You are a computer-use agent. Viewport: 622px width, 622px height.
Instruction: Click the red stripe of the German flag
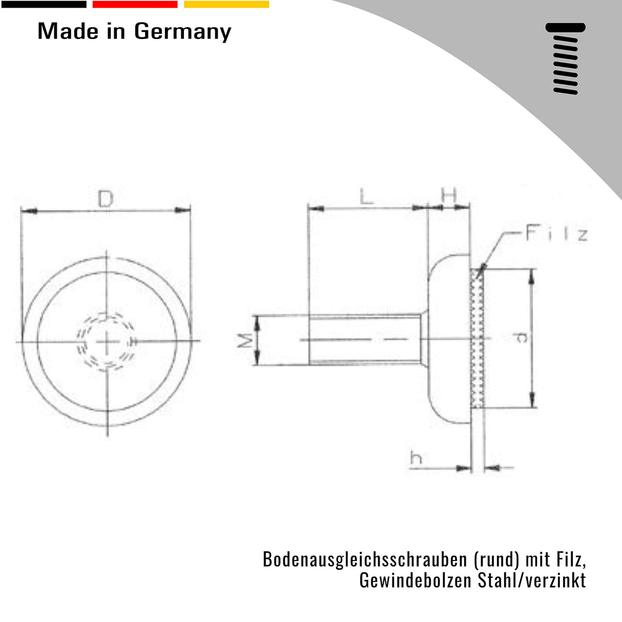(x=135, y=5)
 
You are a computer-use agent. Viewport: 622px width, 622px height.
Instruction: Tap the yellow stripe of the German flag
(x=226, y=5)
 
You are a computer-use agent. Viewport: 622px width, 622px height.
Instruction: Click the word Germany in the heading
(x=182, y=32)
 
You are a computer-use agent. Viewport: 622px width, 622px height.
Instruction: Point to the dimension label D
(x=105, y=199)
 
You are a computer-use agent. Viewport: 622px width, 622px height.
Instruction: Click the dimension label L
(x=366, y=196)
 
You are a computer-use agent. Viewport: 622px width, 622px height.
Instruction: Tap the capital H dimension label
(x=449, y=195)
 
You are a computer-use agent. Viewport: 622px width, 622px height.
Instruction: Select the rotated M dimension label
(x=245, y=340)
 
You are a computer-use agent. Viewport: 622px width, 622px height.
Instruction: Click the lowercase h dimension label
(x=416, y=458)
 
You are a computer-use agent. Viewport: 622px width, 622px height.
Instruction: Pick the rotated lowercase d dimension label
(x=521, y=337)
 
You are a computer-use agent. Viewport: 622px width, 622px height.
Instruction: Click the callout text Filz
(x=556, y=234)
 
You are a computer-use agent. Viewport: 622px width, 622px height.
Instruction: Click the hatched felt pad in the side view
(x=477, y=338)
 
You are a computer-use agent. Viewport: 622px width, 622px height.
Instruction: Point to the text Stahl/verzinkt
(x=531, y=580)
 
